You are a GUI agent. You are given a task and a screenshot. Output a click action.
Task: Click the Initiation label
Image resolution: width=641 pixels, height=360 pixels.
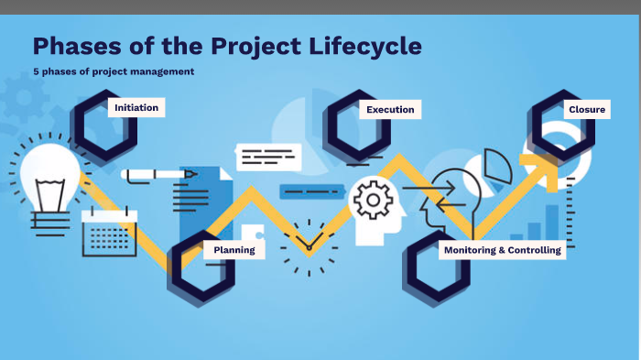(x=136, y=107)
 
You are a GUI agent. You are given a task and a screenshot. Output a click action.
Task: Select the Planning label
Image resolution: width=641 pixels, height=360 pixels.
(x=234, y=249)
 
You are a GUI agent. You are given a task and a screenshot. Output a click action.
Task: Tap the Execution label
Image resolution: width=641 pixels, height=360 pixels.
(x=390, y=110)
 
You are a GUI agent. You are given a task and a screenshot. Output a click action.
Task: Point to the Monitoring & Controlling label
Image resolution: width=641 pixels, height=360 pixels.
(x=502, y=249)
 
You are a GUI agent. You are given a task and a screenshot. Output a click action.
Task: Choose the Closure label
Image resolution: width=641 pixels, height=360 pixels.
(x=586, y=110)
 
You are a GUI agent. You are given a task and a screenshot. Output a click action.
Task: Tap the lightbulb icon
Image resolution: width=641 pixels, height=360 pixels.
(x=50, y=179)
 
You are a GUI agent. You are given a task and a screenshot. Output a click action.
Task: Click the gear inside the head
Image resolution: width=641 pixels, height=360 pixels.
(x=372, y=201)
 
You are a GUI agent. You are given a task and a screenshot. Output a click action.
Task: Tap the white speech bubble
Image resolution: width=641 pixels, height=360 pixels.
(x=268, y=157)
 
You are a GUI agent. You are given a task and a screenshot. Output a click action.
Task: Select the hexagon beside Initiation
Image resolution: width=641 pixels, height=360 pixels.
(x=105, y=127)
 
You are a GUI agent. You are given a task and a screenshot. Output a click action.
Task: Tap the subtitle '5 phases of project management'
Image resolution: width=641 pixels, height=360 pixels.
(x=114, y=71)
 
